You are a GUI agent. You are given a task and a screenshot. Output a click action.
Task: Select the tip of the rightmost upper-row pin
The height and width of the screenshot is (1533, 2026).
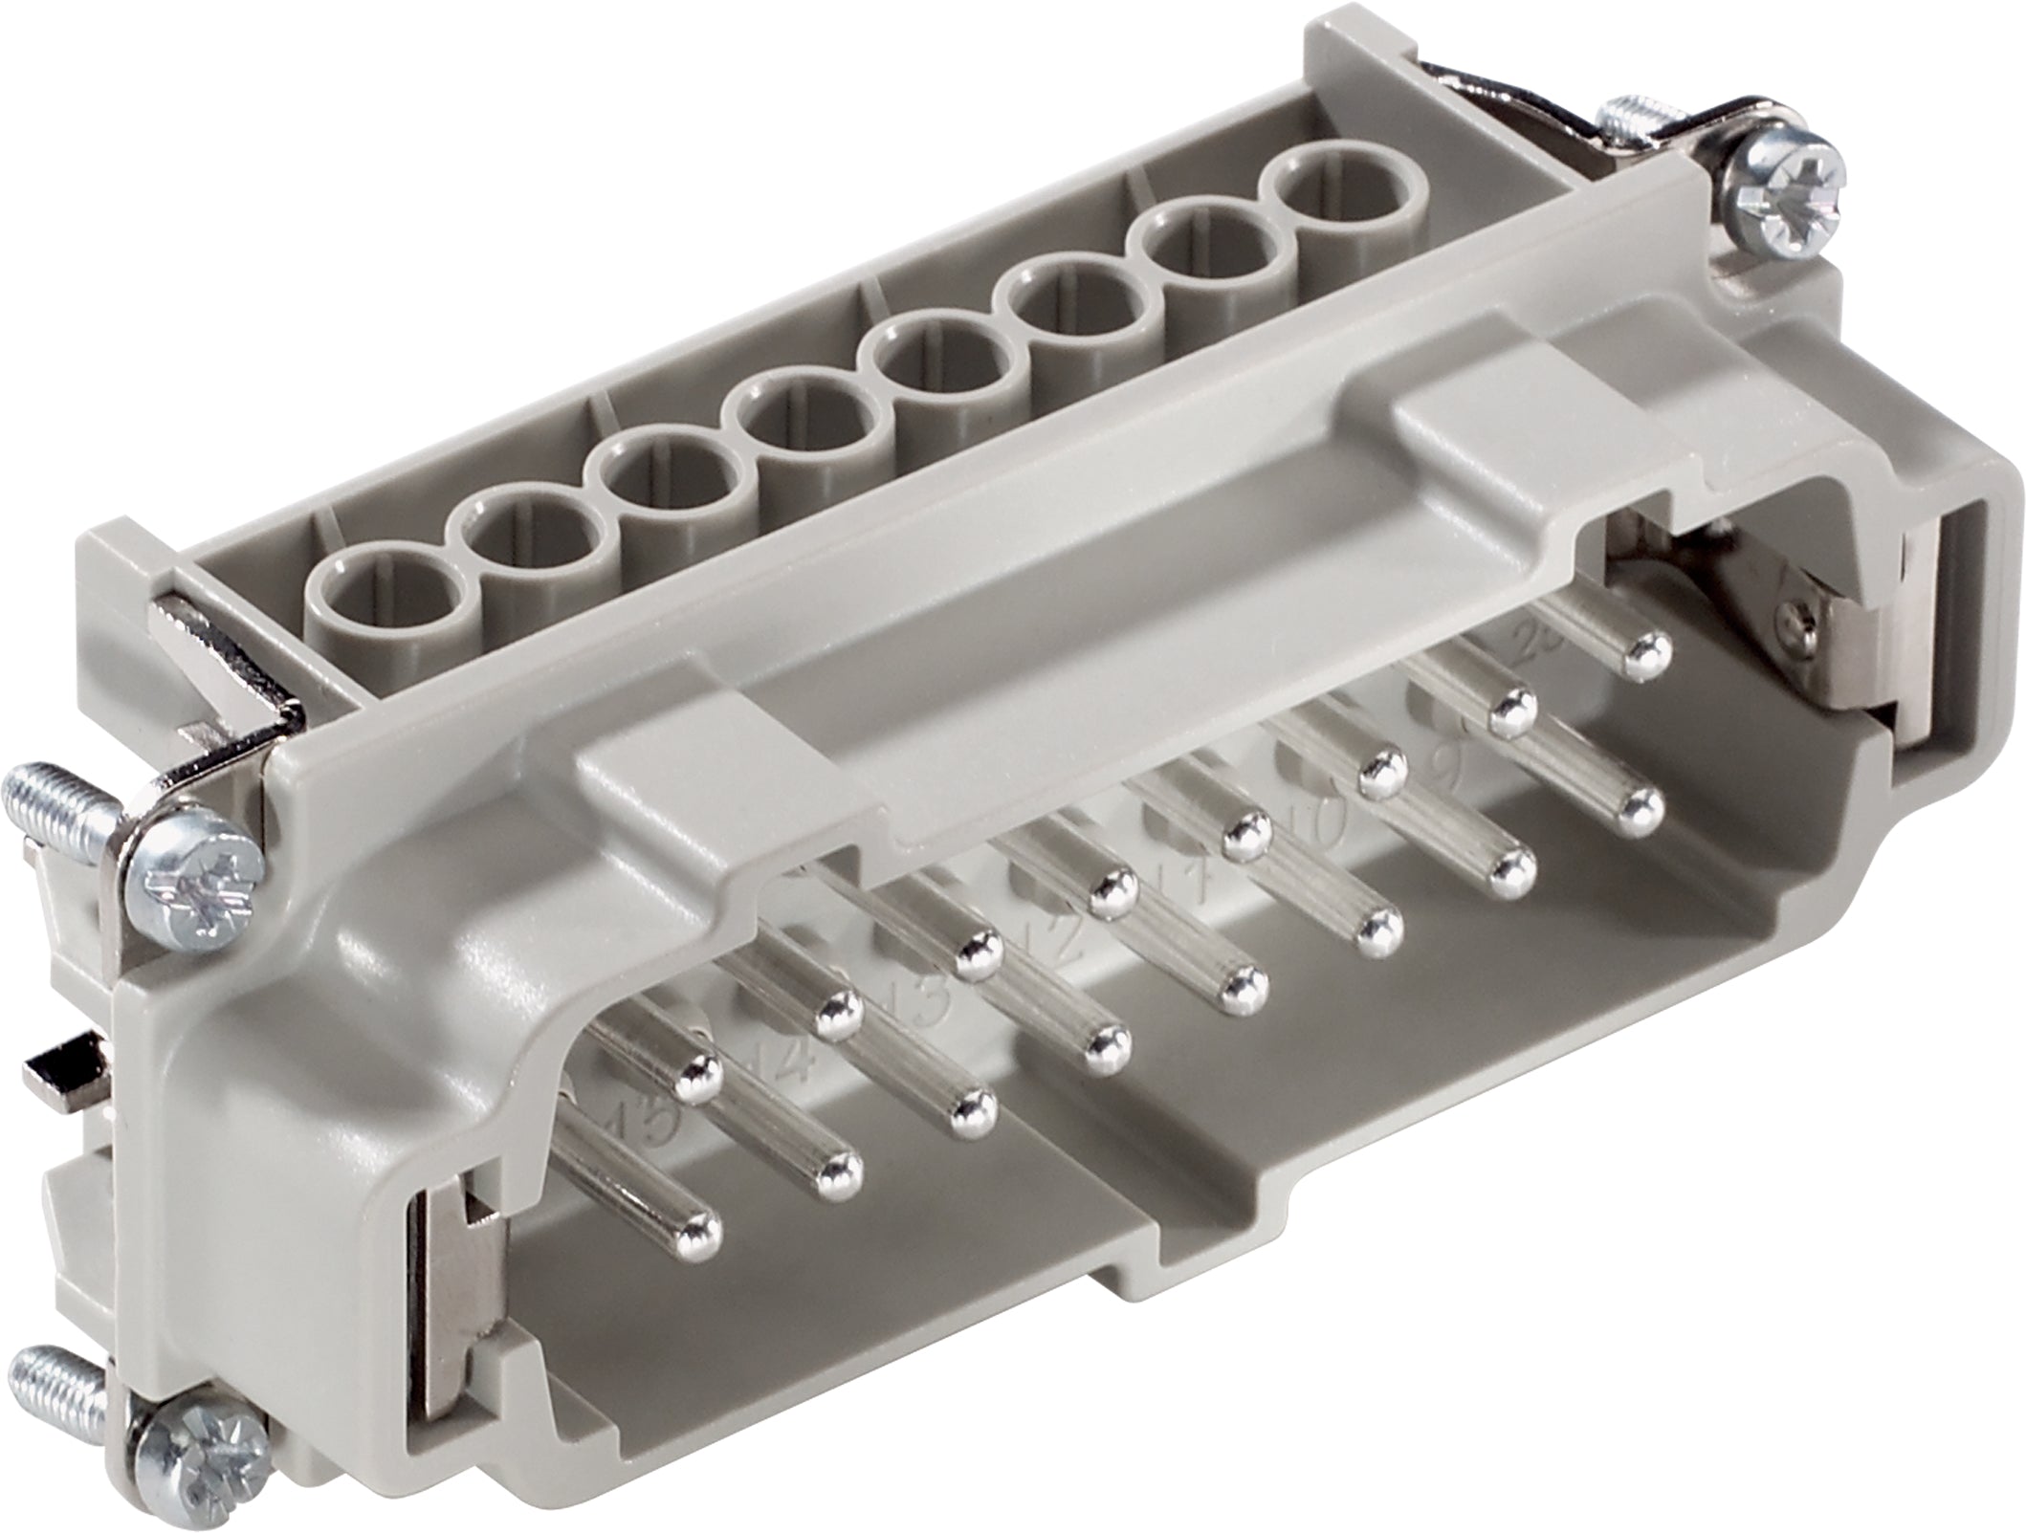coord(1647,651)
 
